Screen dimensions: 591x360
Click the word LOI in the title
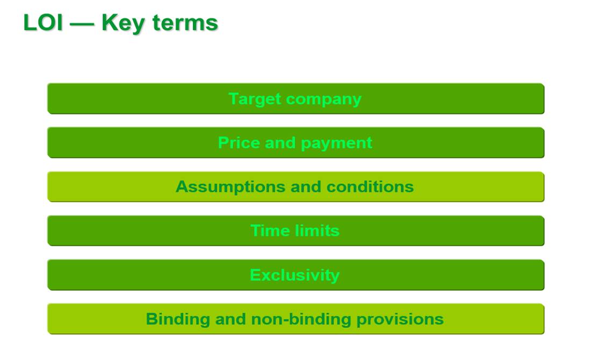click(x=42, y=23)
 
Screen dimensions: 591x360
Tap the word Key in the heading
click(x=123, y=23)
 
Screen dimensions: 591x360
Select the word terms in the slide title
click(x=185, y=23)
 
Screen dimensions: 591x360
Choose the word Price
click(x=239, y=143)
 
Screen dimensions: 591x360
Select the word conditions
click(x=370, y=186)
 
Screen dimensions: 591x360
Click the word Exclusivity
click(x=294, y=275)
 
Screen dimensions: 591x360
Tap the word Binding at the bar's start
click(x=178, y=319)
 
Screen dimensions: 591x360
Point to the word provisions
click(x=400, y=320)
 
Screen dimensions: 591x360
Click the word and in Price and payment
click(x=280, y=143)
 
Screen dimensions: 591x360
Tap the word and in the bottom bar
click(x=230, y=319)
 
